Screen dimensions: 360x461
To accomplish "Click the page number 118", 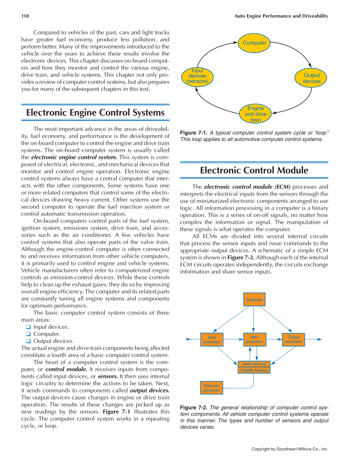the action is coord(25,16).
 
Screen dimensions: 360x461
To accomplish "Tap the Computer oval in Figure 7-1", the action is coord(254,43).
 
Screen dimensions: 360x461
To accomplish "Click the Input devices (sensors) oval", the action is coord(197,76).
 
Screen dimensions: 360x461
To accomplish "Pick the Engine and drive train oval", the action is coord(255,114).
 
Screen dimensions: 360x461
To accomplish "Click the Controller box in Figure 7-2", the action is coord(254,300).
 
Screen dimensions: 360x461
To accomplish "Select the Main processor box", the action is coord(254,339).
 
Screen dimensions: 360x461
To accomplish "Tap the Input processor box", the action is coord(212,340).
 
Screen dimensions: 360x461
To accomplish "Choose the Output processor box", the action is coord(294,339).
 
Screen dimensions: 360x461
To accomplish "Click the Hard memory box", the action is coord(254,364).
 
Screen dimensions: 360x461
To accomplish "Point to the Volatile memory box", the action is coord(254,370).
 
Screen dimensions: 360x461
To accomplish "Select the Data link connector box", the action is coord(211,388).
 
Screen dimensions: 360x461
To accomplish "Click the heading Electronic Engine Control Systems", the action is coord(95,113).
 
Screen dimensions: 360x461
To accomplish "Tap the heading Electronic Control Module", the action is coord(254,170).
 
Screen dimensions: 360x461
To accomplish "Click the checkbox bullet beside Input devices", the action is coord(28,327).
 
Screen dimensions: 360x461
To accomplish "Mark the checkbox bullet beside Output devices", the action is coord(28,341).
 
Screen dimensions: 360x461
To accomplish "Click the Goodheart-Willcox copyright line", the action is coord(290,449).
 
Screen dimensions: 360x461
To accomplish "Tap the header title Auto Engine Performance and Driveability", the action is coord(281,16).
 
